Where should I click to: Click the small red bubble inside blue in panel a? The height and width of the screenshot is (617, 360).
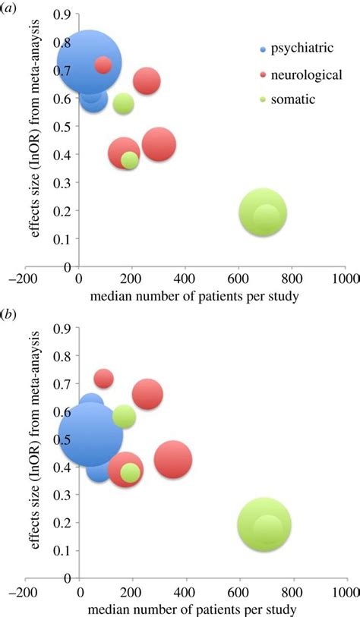point(103,65)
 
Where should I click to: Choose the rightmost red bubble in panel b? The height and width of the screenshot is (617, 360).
point(173,459)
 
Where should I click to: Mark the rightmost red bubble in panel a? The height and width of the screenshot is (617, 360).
point(159,144)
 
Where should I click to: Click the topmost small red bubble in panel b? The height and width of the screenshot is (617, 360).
point(103,378)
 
